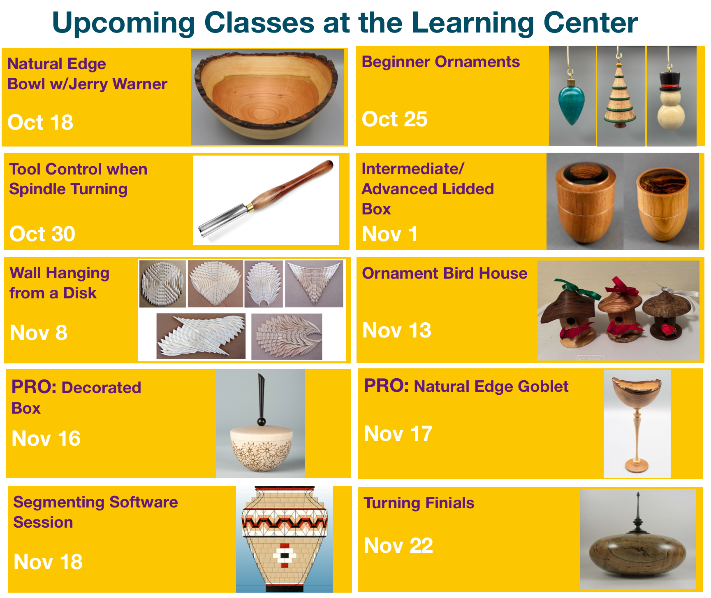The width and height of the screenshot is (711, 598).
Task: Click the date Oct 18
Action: (40, 122)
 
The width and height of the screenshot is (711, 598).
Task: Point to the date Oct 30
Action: (42, 234)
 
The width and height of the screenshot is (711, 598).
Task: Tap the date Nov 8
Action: (39, 333)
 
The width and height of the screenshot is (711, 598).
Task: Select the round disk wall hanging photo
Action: (163, 284)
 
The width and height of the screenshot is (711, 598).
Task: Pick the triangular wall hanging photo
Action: (314, 284)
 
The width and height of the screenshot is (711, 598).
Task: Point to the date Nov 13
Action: (397, 330)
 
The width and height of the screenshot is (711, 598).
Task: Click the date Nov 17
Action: (398, 433)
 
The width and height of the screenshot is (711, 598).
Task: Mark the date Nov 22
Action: (398, 546)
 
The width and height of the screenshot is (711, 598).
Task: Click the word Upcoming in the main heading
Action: (123, 23)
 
